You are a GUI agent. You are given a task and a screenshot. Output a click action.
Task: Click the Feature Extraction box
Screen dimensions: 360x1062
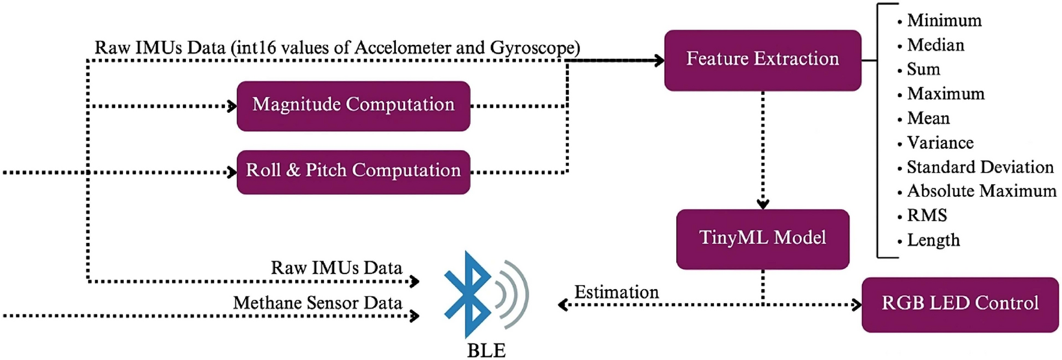click(762, 60)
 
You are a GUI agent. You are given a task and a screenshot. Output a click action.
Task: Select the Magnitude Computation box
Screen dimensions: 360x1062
click(353, 106)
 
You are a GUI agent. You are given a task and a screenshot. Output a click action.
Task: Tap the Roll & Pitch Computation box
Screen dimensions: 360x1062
click(353, 172)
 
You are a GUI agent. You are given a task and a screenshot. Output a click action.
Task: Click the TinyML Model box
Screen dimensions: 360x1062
click(762, 239)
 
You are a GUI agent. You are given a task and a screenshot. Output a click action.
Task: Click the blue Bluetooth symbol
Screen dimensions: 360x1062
click(468, 294)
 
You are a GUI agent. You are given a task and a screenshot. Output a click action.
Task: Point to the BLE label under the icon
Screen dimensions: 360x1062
click(486, 350)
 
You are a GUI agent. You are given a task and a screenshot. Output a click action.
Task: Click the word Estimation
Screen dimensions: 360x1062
click(616, 292)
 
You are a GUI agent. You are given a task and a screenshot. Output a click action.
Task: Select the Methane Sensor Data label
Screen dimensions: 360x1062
click(317, 303)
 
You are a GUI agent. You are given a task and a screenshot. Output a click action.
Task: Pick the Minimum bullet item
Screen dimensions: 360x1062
click(944, 21)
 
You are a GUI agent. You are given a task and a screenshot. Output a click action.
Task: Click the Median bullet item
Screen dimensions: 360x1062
click(935, 45)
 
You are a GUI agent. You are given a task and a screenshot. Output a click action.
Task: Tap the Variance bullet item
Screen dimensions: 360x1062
click(940, 143)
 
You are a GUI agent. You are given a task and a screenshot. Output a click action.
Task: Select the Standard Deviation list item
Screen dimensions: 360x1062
click(980, 167)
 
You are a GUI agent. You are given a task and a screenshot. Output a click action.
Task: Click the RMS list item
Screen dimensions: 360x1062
click(927, 215)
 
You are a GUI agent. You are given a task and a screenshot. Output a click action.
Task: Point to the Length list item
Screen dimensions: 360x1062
click(933, 240)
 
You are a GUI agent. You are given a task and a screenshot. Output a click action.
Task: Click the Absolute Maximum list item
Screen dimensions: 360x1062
click(981, 191)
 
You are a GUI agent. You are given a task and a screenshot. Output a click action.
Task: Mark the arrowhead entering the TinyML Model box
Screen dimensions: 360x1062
click(763, 204)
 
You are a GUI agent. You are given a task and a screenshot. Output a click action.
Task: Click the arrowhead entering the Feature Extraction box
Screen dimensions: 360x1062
click(659, 60)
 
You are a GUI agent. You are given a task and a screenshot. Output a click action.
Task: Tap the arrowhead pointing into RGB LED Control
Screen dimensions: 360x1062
click(857, 305)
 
